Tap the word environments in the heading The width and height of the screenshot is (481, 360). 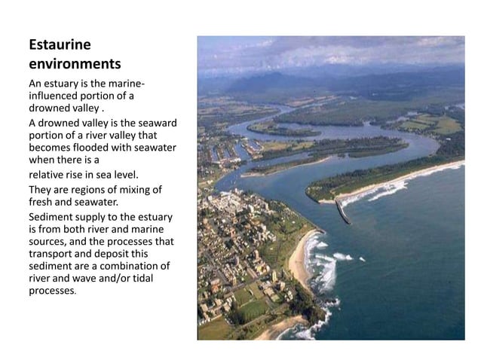pos(74,63)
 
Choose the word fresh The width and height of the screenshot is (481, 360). pos(40,201)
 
